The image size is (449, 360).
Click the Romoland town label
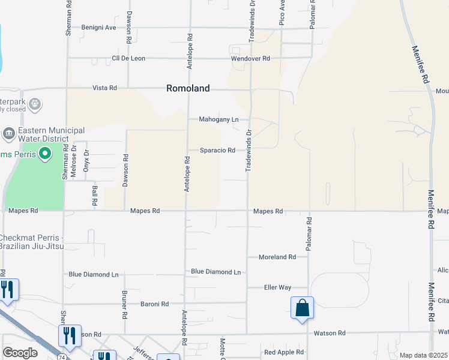tap(188, 88)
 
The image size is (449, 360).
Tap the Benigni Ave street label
tap(99, 28)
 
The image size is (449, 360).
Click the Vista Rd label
tap(104, 88)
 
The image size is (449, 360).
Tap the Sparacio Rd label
tap(217, 151)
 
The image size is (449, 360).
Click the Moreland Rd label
tap(277, 257)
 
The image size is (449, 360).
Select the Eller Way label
tap(277, 287)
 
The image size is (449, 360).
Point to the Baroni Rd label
tap(155, 304)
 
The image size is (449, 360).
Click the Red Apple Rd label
tap(284, 352)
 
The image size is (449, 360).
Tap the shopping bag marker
tap(303, 309)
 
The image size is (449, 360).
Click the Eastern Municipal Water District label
tap(51, 134)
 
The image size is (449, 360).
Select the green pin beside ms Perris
tap(44, 155)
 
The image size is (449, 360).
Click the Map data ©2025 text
tap(423, 355)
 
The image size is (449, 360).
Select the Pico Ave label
tap(282, 13)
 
